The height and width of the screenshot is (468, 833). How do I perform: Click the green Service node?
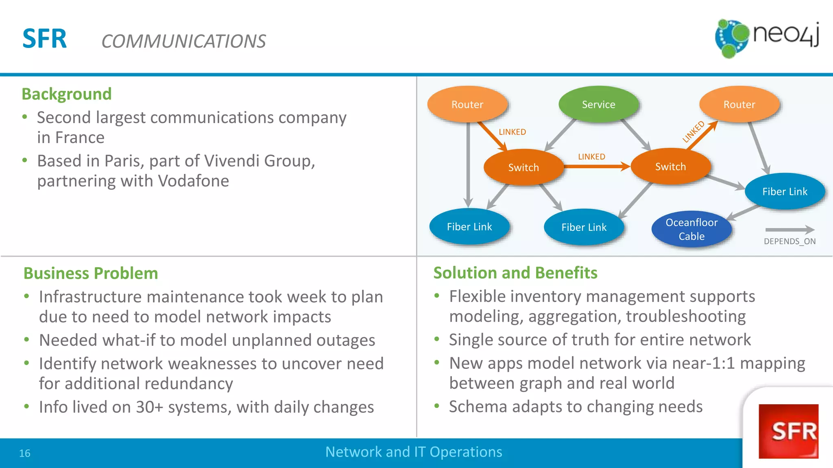598,104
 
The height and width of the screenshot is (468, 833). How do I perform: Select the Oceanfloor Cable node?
691,229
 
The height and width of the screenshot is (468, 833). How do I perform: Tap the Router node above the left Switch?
467,104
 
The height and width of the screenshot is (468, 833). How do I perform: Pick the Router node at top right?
739,104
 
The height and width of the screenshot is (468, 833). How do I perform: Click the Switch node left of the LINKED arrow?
523,167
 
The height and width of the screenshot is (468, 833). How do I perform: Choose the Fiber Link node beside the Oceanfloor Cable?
584,227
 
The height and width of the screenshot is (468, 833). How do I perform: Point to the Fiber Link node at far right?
785,191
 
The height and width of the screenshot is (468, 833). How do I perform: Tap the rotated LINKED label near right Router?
693,132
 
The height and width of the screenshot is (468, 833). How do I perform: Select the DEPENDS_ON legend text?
789,241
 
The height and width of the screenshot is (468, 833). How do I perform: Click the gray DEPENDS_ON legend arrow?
789,230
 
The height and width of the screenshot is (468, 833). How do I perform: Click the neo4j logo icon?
732,38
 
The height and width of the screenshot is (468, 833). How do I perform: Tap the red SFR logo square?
788,431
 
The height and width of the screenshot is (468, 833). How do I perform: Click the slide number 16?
25,453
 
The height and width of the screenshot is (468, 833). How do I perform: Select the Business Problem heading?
91,273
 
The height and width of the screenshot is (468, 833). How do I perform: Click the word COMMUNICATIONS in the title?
183,41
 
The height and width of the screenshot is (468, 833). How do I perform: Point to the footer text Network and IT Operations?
414,452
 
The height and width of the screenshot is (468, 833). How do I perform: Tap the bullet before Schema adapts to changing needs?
437,406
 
